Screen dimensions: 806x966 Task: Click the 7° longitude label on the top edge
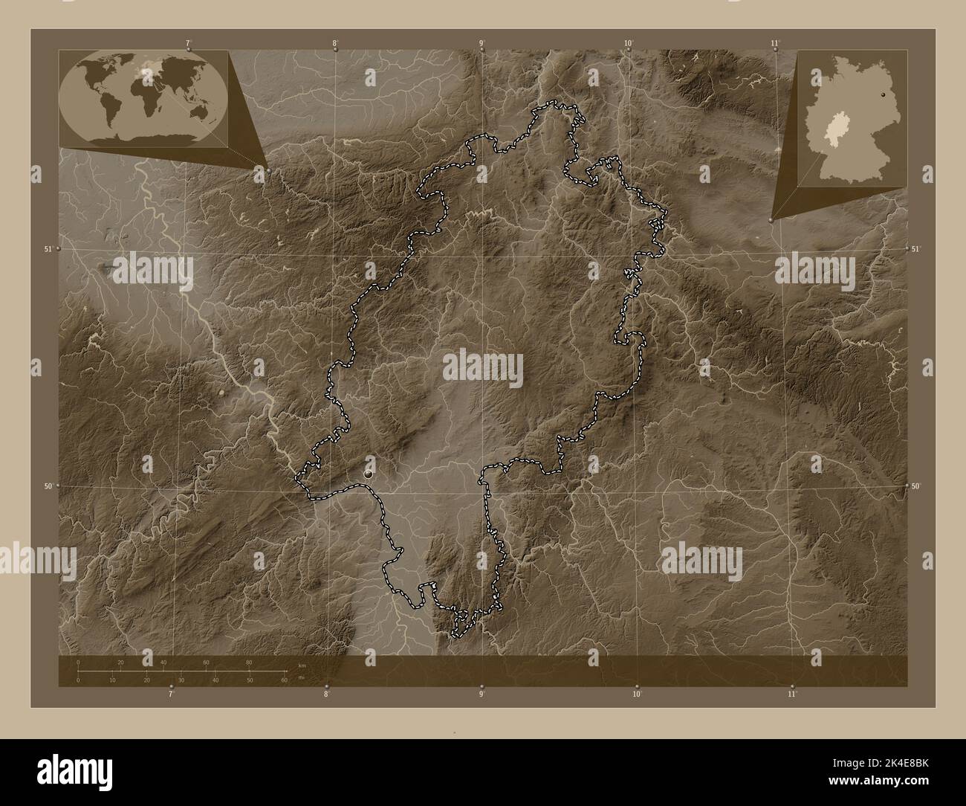(188, 42)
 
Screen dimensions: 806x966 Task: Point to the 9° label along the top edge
(482, 42)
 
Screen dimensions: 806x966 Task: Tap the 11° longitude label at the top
(775, 42)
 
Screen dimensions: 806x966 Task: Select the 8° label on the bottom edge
(326, 694)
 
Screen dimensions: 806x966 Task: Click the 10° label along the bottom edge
(637, 694)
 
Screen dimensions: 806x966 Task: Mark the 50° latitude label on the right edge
(916, 486)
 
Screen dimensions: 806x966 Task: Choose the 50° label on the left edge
(48, 486)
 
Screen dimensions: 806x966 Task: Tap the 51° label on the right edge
(916, 248)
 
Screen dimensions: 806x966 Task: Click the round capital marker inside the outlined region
(369, 472)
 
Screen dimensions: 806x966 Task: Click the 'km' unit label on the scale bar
(301, 666)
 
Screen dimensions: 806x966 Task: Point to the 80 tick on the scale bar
(249, 662)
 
